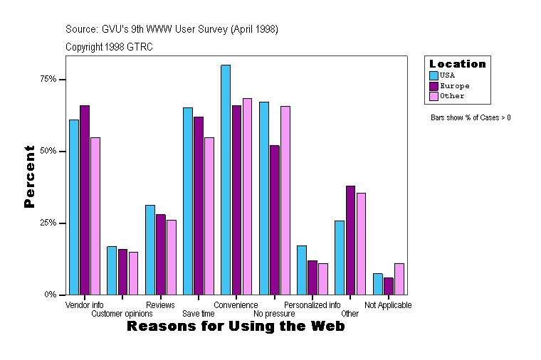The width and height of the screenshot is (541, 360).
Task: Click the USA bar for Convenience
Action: pos(226,180)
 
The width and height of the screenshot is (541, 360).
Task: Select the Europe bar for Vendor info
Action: pos(85,200)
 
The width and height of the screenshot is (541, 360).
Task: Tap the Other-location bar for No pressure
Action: pos(285,200)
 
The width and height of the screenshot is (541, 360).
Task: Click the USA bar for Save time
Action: pos(188,201)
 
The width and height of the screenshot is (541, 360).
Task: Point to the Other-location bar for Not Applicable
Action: pos(399,279)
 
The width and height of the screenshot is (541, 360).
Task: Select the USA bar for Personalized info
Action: pos(302,270)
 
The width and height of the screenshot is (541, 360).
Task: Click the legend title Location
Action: pos(458,64)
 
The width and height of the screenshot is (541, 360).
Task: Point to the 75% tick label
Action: pos(48,79)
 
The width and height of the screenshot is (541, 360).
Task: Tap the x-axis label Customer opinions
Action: pos(122,314)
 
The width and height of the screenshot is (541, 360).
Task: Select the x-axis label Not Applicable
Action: pos(388,305)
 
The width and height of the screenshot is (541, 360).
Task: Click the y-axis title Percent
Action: pos(29,176)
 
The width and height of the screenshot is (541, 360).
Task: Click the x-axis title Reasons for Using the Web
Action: pos(236,327)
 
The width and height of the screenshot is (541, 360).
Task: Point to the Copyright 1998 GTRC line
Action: pos(109,47)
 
